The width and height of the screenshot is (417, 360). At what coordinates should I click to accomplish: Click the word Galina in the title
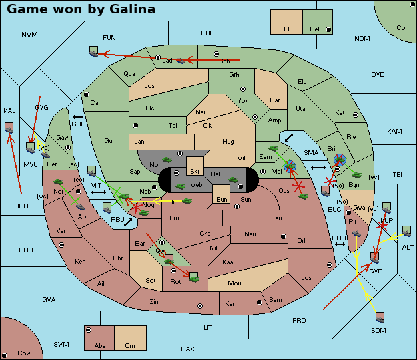coord(133,9)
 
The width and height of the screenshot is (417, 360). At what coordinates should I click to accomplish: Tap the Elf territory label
coord(288,29)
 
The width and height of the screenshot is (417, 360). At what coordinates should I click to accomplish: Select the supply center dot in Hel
coord(328,29)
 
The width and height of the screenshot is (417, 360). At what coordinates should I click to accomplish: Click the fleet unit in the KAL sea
coord(9,128)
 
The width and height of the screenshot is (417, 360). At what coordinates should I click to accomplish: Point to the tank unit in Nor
coord(167,160)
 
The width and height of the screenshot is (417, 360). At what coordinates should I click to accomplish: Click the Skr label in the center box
coord(195,172)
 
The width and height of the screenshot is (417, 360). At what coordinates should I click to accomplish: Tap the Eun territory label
coord(222,199)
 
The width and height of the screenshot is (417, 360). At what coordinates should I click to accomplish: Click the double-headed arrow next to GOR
coord(77,117)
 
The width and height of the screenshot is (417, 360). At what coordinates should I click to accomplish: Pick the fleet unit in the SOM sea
coord(380,317)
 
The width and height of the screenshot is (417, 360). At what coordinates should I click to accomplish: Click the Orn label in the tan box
coord(130,345)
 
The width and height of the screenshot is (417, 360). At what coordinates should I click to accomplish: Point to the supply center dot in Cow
coord(5,355)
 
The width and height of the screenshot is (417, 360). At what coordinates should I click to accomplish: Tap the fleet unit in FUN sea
coord(93,51)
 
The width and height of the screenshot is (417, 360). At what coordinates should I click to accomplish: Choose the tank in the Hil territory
coord(187,200)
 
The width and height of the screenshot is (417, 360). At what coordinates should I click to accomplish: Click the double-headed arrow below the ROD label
coord(340,244)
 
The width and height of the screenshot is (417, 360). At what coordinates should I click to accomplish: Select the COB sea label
coord(208,33)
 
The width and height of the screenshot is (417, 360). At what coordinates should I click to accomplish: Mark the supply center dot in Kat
coord(356,115)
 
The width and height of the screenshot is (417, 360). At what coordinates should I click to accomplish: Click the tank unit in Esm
coord(273,148)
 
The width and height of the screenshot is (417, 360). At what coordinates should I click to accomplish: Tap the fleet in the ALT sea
coord(406,231)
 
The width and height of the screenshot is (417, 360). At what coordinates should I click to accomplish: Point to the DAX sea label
coord(187,349)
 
